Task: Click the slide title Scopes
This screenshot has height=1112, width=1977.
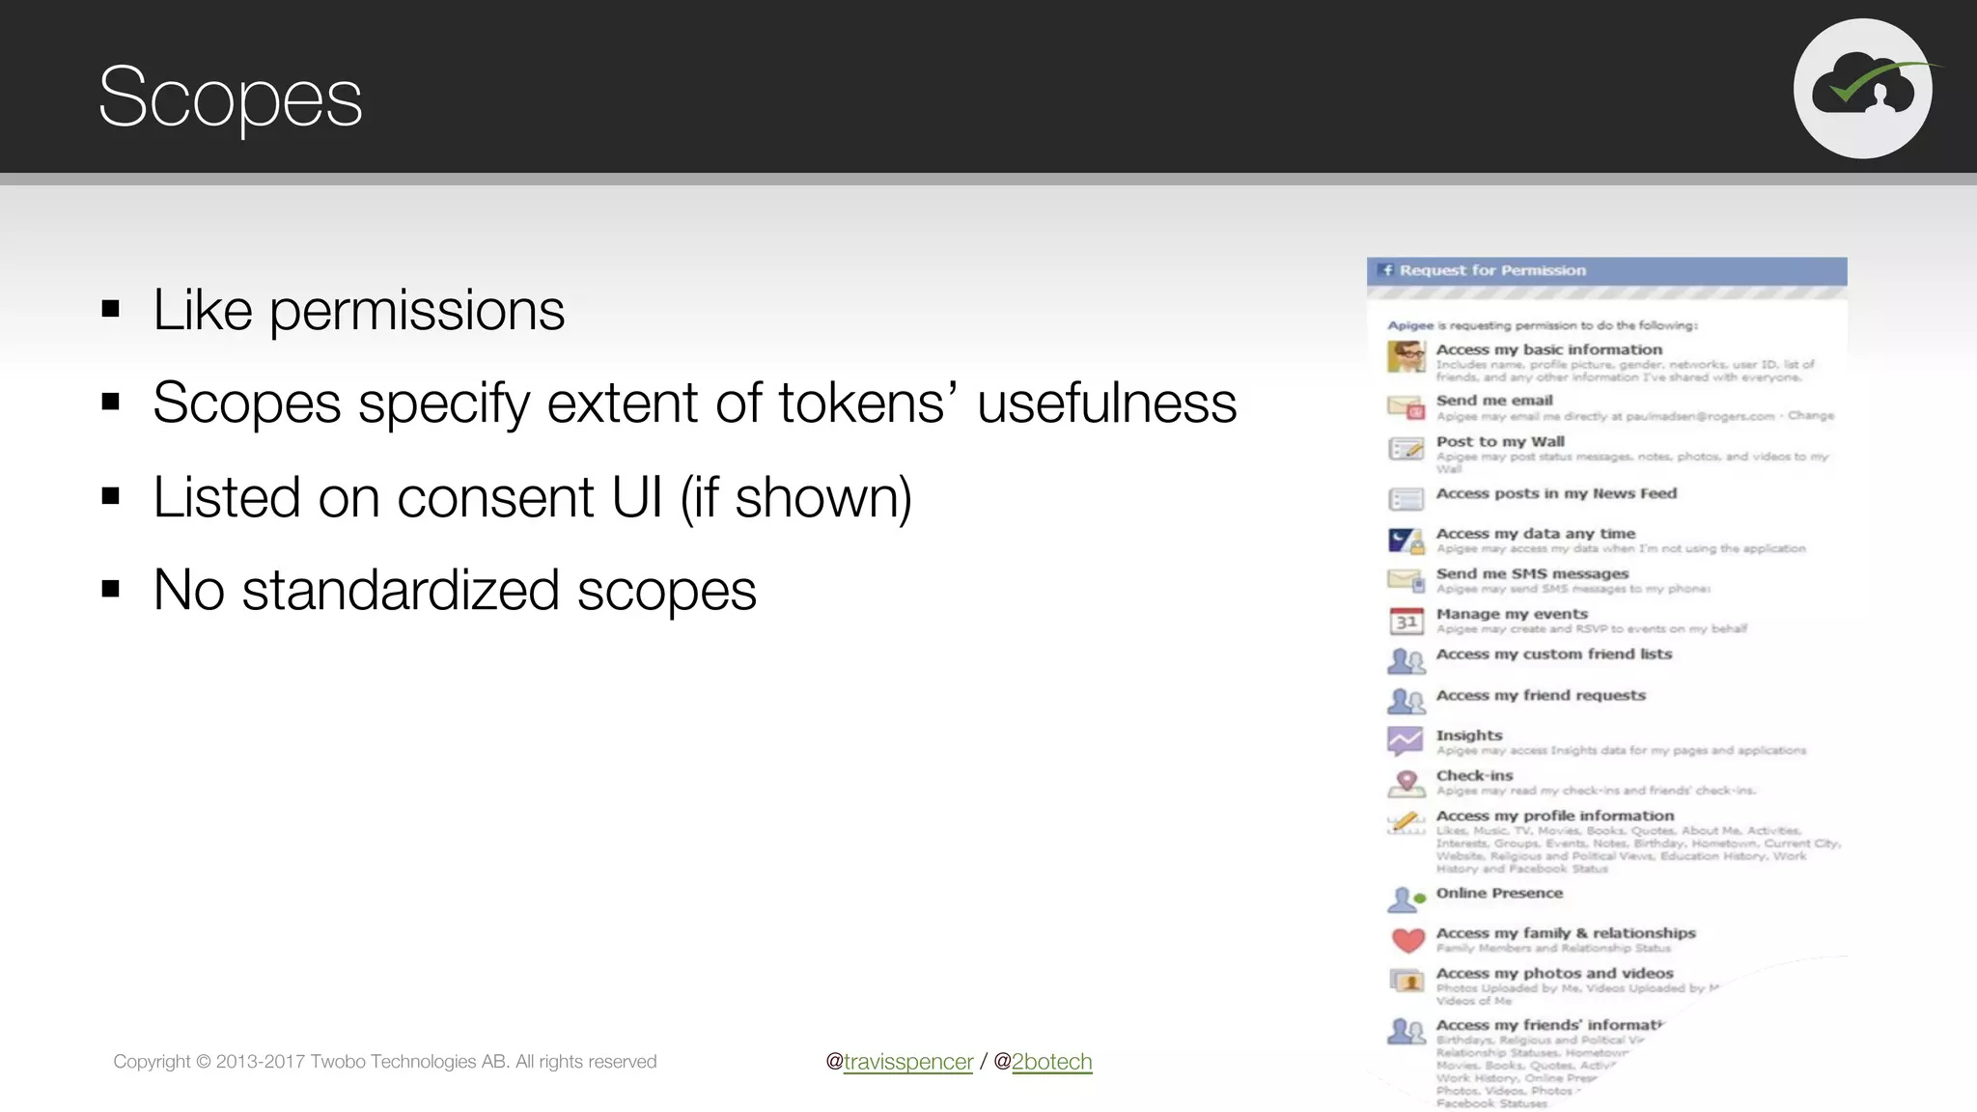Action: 230,97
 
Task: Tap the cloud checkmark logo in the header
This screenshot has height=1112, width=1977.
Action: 1863,89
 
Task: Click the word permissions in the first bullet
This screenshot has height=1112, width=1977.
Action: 416,311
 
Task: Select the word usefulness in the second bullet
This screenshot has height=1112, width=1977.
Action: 1106,403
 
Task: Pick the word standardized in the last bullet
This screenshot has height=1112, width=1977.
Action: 400,591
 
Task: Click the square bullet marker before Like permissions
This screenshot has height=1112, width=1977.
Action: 111,310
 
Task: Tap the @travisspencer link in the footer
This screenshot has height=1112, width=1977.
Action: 907,1062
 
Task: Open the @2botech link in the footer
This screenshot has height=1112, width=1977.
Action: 1051,1062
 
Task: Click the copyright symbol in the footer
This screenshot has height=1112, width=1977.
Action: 203,1062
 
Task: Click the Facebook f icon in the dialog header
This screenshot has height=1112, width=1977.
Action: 1387,270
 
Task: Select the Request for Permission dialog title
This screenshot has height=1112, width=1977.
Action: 1492,270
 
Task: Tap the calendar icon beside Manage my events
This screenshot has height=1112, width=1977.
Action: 1406,621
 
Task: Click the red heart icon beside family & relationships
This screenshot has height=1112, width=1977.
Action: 1407,939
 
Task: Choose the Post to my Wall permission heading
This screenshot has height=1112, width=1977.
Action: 1500,442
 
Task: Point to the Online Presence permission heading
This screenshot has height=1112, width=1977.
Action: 1499,893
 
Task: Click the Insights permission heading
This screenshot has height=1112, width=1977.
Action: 1469,736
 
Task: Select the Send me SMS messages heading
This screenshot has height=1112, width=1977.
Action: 1532,573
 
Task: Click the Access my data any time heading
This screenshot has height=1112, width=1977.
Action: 1535,534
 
